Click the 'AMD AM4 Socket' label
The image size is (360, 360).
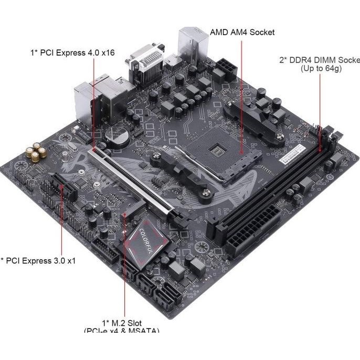click(x=242, y=32)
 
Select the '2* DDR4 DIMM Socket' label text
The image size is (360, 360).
click(x=319, y=60)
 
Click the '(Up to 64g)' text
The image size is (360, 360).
click(x=321, y=69)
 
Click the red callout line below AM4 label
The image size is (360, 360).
click(x=241, y=94)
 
